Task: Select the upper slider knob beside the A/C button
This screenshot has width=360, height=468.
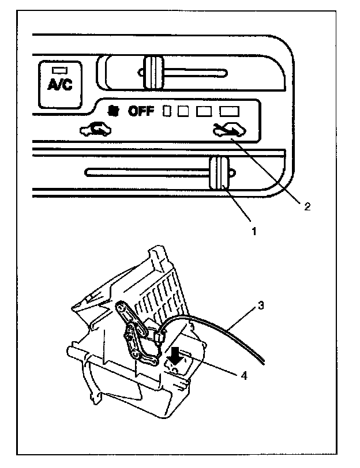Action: [154, 73]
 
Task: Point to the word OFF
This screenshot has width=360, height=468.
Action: [141, 110]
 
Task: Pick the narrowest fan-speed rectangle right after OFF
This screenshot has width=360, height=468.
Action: [168, 110]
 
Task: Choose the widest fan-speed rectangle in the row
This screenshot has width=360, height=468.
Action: [229, 110]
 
